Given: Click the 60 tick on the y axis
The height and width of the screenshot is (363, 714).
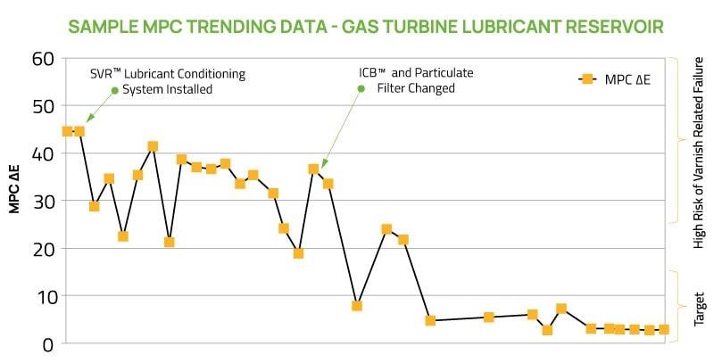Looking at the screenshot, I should (x=43, y=59).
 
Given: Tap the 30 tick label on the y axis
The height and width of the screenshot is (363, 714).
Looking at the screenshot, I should (x=43, y=202).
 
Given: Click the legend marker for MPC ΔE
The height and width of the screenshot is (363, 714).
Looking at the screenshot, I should (x=586, y=79).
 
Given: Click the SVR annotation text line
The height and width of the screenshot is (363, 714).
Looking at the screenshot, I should (x=168, y=73).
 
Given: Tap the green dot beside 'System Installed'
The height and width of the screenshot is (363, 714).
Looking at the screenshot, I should (x=114, y=90).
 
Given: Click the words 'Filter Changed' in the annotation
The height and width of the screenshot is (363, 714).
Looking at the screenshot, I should (x=416, y=88).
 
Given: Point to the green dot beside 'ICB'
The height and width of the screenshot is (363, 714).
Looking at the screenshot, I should (x=363, y=72).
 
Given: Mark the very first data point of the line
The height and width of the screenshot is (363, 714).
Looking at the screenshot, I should (x=67, y=131).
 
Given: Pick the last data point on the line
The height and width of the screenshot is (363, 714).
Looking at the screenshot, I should (x=663, y=329).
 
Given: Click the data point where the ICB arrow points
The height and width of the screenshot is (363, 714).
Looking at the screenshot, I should (x=313, y=169).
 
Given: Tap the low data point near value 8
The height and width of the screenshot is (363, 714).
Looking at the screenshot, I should (x=357, y=306).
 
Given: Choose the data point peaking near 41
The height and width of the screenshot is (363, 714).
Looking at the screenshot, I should (x=153, y=146).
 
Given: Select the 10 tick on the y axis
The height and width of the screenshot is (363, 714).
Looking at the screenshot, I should (x=43, y=296).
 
